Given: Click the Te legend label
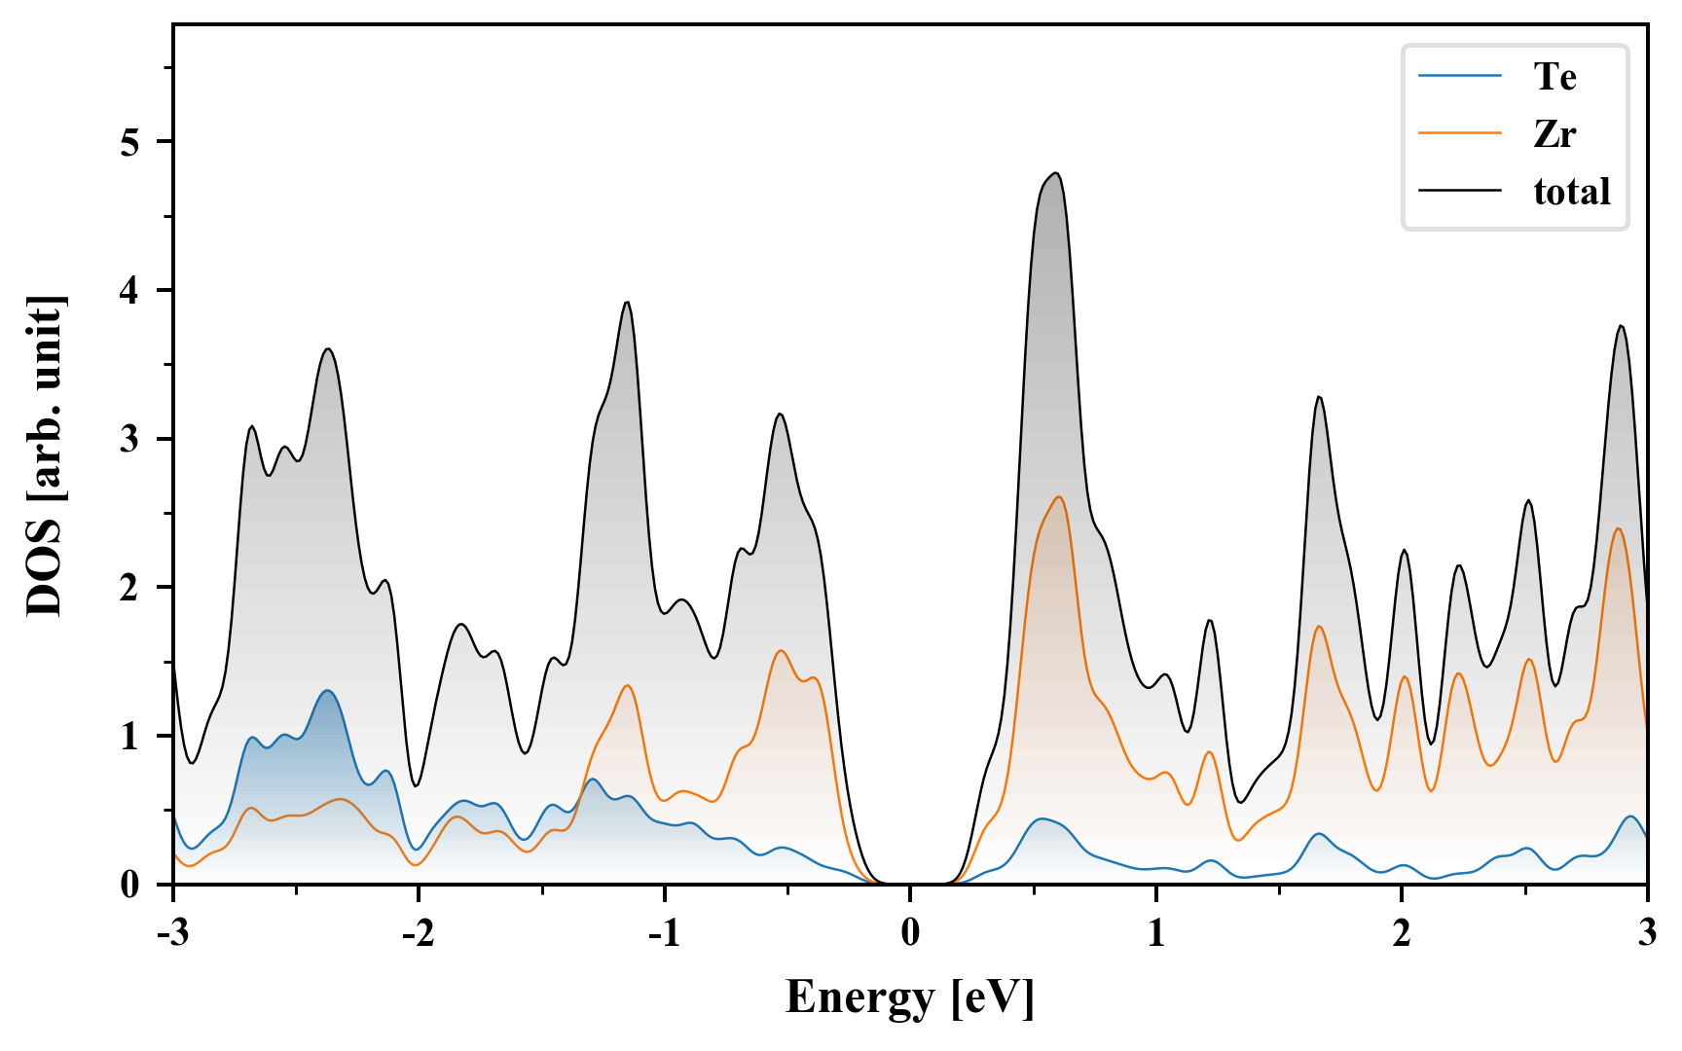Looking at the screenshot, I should (x=1554, y=76).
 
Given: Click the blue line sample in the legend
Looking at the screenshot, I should (x=1460, y=76).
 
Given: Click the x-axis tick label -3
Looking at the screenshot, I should (x=172, y=933).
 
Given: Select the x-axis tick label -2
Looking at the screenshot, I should (x=418, y=933).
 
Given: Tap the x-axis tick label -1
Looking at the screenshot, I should (x=664, y=933).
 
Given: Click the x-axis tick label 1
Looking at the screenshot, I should (x=1155, y=933).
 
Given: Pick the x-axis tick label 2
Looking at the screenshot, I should (x=1402, y=933).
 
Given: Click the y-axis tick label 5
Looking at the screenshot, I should (x=129, y=142).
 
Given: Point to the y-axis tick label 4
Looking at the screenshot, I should (x=129, y=291).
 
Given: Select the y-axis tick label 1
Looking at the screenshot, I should (x=129, y=737).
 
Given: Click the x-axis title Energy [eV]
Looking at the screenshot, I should (x=909, y=997).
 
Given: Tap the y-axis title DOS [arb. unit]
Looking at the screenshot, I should (x=44, y=454).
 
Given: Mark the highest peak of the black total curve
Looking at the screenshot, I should (x=1055, y=173).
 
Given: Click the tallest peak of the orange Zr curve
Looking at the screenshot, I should (x=1058, y=497).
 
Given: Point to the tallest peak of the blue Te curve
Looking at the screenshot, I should (x=327, y=691).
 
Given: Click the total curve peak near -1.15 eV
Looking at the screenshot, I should (x=627, y=303).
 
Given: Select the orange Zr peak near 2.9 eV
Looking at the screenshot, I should (x=1618, y=528).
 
